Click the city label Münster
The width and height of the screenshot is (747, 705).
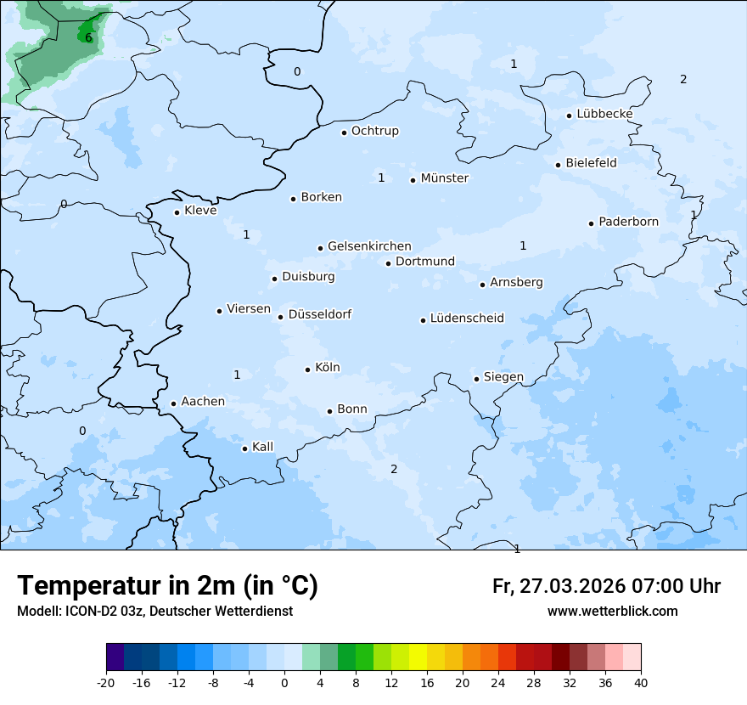pyautogui.click(x=444, y=178)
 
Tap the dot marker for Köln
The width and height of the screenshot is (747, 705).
pyautogui.click(x=307, y=369)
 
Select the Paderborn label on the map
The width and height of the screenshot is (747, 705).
pyautogui.click(x=628, y=222)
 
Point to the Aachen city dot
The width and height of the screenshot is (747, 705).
pyautogui.click(x=173, y=404)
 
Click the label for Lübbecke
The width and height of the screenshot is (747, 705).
pyautogui.click(x=604, y=114)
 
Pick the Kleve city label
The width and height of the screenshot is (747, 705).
pyautogui.click(x=200, y=211)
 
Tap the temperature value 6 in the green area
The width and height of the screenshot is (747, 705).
pyautogui.click(x=88, y=37)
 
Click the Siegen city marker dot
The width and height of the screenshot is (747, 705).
pyautogui.click(x=476, y=379)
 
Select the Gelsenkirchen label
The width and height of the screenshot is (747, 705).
pyautogui.click(x=369, y=246)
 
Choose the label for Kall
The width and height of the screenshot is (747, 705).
pyautogui.click(x=262, y=447)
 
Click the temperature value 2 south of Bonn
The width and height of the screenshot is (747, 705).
pyautogui.click(x=394, y=469)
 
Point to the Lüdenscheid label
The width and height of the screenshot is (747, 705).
pyautogui.click(x=467, y=319)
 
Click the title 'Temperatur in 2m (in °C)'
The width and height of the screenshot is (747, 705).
pyautogui.click(x=167, y=586)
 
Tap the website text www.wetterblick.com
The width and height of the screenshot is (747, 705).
pyautogui.click(x=612, y=611)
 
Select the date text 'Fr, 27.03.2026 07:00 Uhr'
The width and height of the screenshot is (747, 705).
pyautogui.click(x=606, y=586)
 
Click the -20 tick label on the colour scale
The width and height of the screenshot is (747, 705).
pyautogui.click(x=106, y=683)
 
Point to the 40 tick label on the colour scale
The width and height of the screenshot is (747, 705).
pyautogui.click(x=640, y=683)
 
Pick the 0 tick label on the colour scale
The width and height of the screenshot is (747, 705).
pyautogui.click(x=284, y=683)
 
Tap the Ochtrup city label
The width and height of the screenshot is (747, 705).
pyautogui.click(x=374, y=131)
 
